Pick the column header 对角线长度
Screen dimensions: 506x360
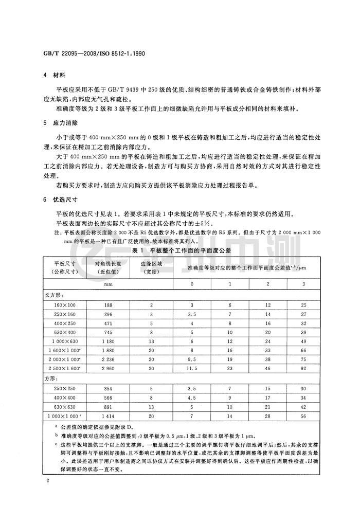[x=107, y=263]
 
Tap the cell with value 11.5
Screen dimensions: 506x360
[x=192, y=369]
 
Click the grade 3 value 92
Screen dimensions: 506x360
[x=303, y=369]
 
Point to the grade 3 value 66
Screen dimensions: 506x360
[x=303, y=351]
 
